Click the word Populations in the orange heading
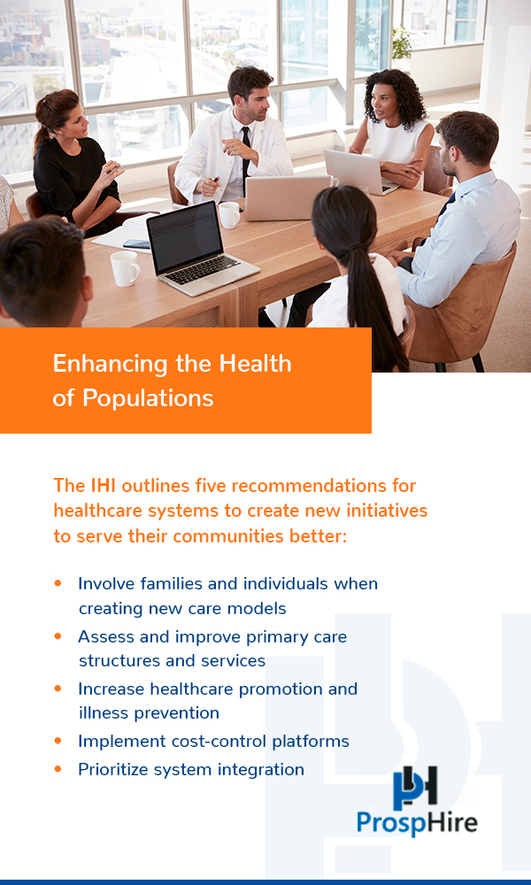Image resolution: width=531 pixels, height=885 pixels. coord(148,398)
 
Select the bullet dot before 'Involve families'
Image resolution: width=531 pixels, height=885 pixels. coord(58,583)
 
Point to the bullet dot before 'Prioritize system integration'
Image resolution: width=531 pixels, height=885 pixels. coord(58,769)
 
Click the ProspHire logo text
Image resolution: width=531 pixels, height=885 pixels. coord(417,822)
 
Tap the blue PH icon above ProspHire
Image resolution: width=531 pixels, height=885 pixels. coord(415,786)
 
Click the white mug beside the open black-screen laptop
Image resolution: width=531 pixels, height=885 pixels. coord(124,268)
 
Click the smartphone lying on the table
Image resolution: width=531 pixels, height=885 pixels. coord(136,244)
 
